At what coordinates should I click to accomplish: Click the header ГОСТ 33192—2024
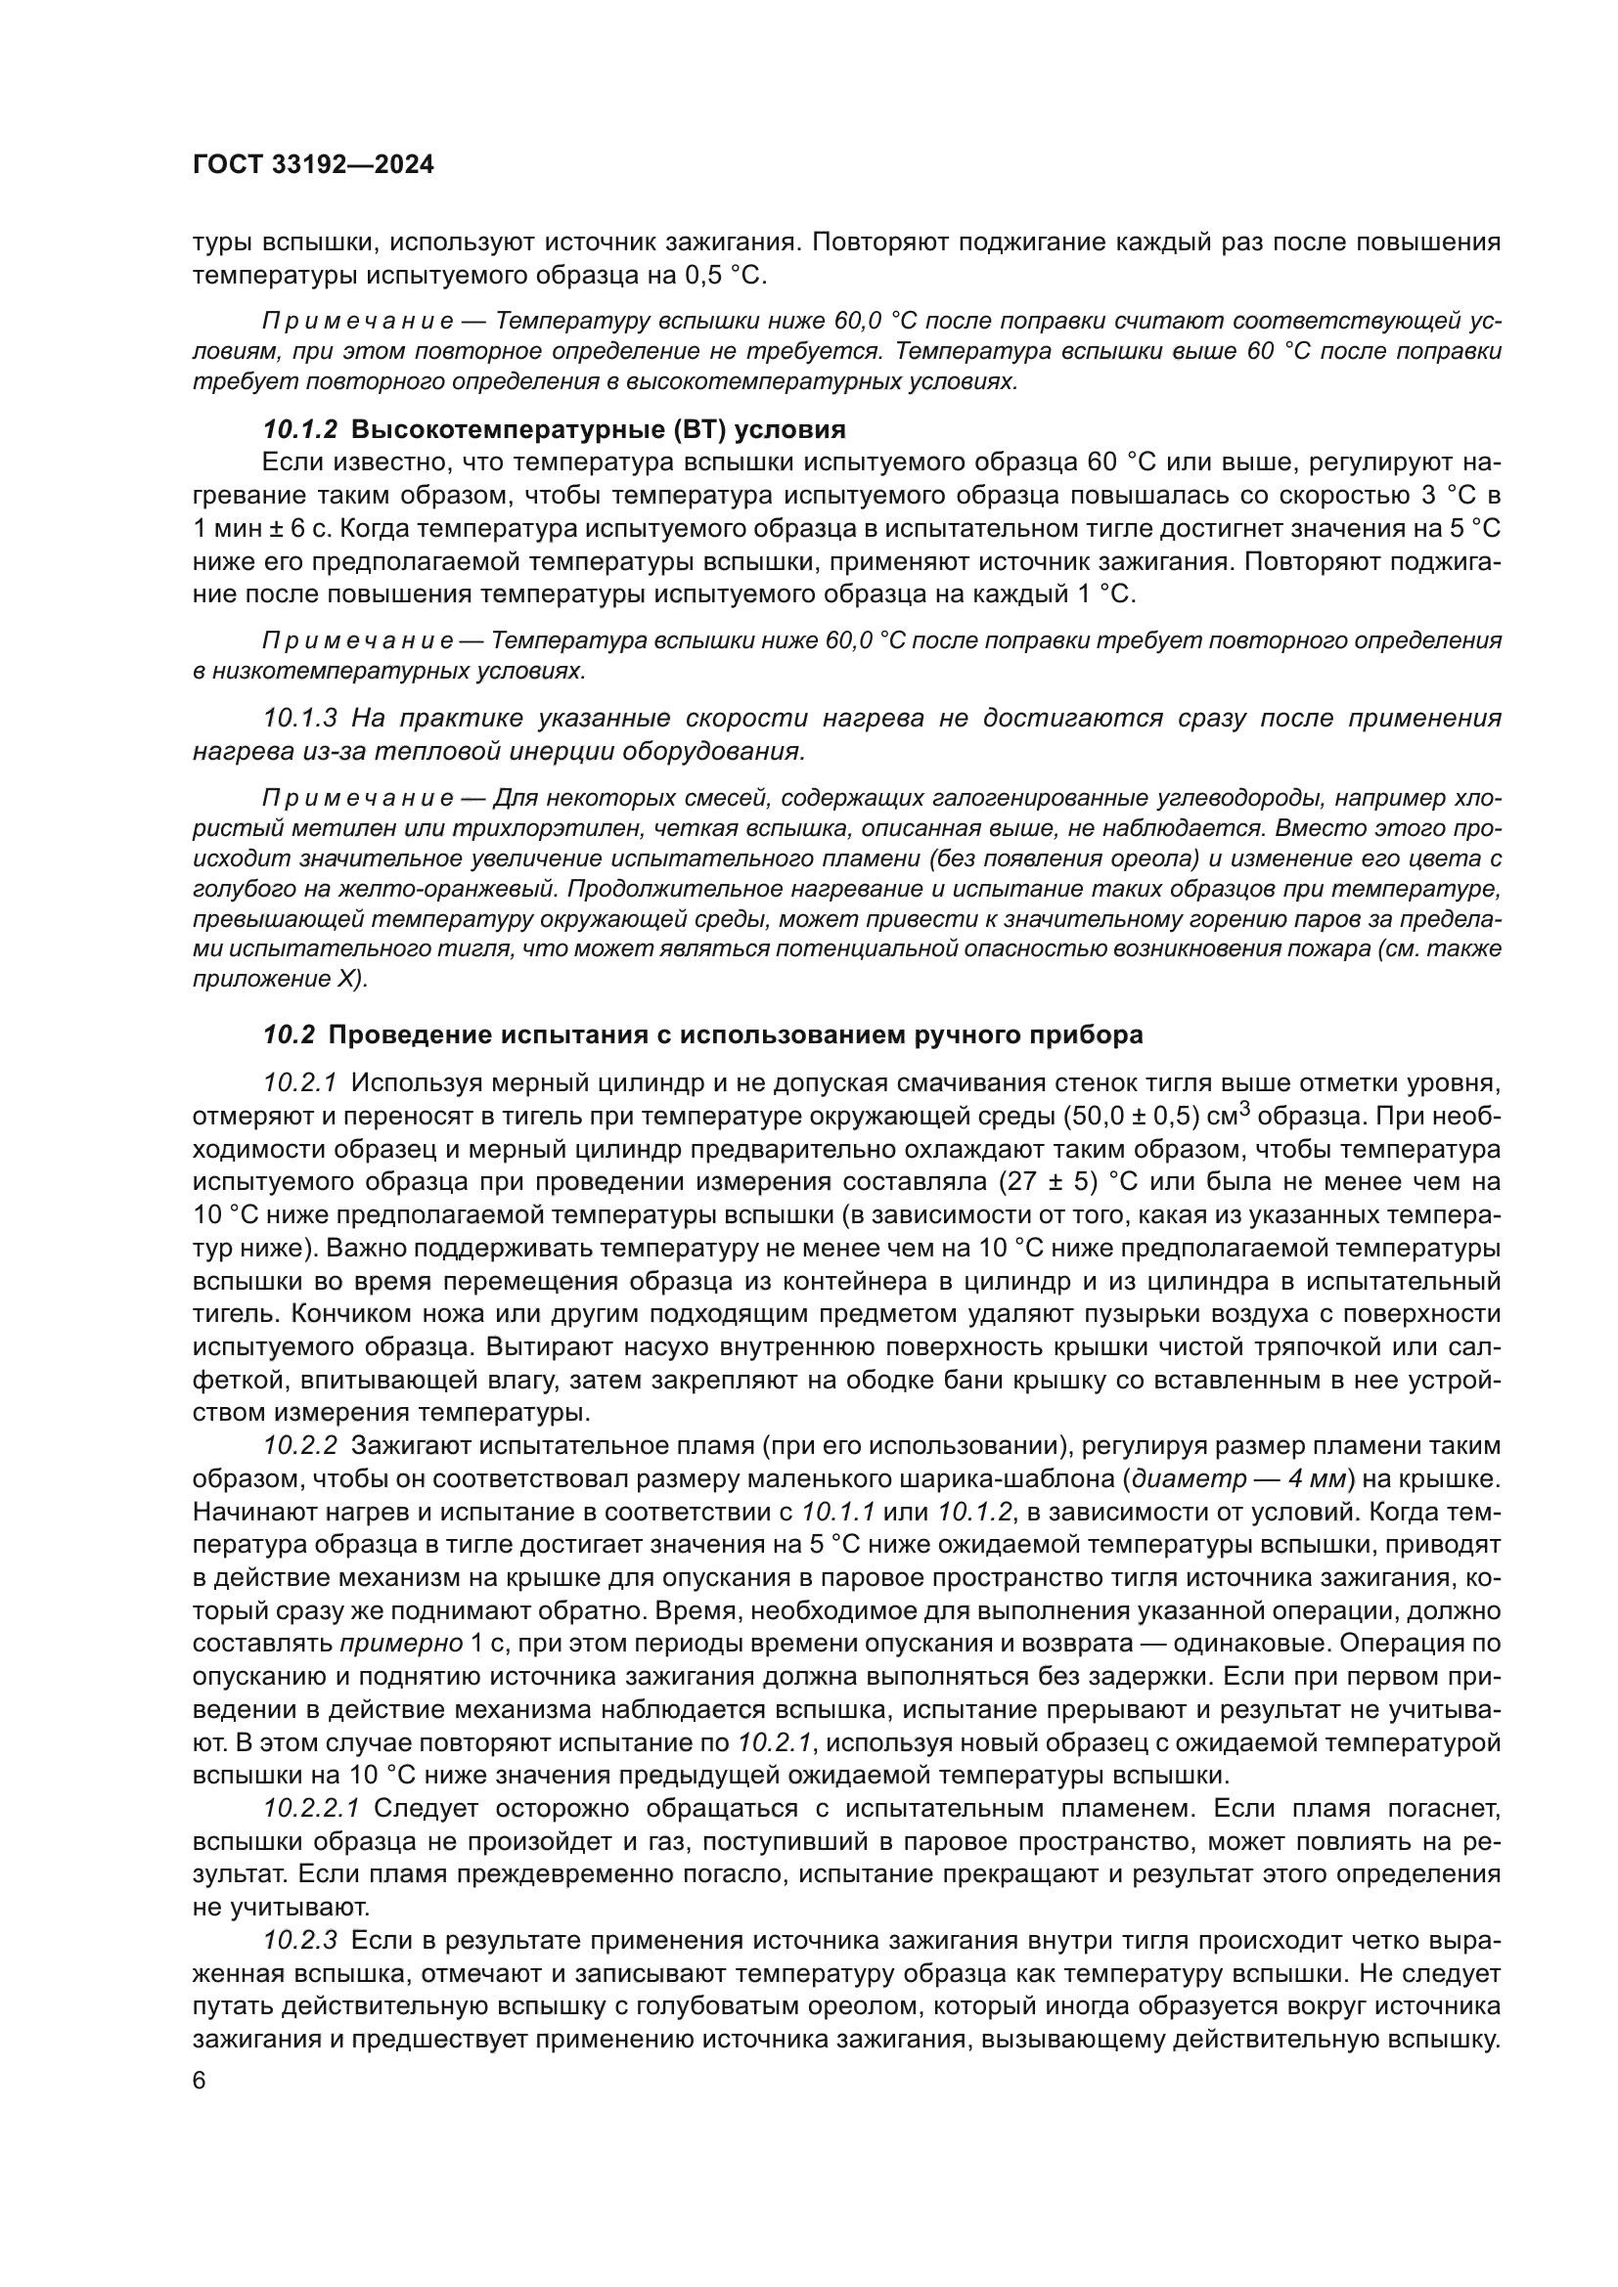click(x=313, y=165)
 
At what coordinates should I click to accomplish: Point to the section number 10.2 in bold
click(x=289, y=1034)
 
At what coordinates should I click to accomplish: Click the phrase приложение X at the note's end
click(x=277, y=979)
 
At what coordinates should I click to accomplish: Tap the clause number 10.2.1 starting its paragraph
click(x=300, y=1083)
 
